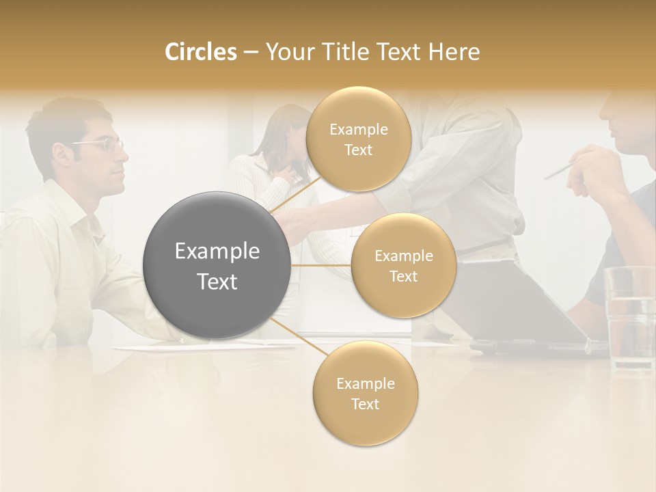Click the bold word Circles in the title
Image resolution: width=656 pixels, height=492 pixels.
[x=200, y=52]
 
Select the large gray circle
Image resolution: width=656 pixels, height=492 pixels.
[x=217, y=265]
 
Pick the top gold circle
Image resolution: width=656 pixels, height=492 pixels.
[x=357, y=139]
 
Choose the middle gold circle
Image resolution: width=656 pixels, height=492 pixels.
[x=403, y=266]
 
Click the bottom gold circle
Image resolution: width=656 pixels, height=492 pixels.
[x=365, y=394]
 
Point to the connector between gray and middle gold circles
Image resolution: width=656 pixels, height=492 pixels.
[x=320, y=265]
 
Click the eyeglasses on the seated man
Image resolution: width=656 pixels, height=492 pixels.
[x=102, y=144]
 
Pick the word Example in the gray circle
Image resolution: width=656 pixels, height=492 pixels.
[x=217, y=251]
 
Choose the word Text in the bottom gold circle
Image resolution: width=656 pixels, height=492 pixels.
[x=365, y=404]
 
